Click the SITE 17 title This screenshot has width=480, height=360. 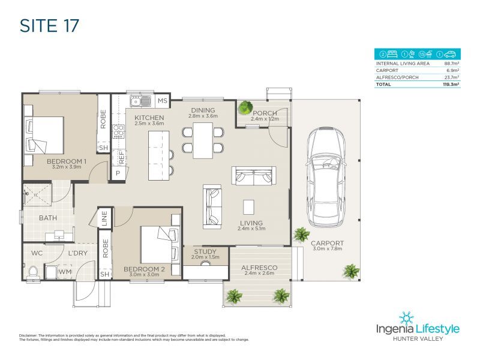point(50,26)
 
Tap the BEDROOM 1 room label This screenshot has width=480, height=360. point(67,161)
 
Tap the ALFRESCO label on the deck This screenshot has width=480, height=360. point(259,267)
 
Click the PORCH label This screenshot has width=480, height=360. point(265,113)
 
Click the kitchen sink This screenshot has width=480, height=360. point(139,100)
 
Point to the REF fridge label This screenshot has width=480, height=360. point(121,157)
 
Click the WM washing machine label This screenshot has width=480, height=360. point(66,272)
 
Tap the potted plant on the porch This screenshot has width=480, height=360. point(245,108)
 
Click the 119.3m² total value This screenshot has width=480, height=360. point(451,85)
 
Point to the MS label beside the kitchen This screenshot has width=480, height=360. point(163,101)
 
